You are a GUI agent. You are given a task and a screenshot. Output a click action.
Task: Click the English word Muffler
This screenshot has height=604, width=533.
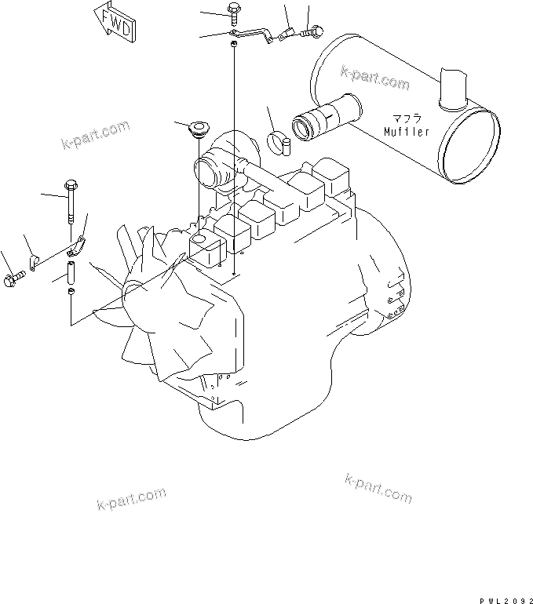(x=407, y=132)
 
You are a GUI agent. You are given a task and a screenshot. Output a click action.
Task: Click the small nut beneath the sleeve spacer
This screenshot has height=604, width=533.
(x=71, y=293)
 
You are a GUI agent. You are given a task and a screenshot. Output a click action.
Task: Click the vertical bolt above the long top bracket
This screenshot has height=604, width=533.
(x=234, y=12)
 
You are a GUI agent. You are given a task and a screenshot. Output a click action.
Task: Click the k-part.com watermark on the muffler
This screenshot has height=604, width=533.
(x=375, y=78)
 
